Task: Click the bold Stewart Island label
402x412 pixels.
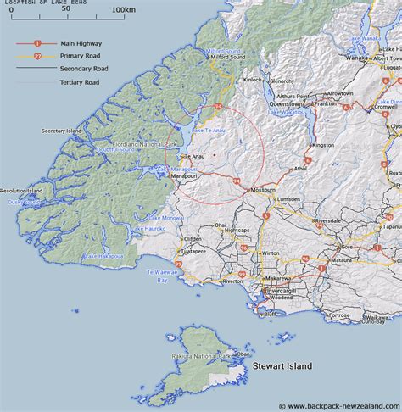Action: point(282,366)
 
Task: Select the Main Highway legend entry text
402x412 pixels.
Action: point(79,41)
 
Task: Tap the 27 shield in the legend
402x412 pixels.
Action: point(36,55)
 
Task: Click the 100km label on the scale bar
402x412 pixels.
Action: point(124,9)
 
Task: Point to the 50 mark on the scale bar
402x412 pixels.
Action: point(66,9)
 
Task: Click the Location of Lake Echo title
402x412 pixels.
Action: point(42,2)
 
